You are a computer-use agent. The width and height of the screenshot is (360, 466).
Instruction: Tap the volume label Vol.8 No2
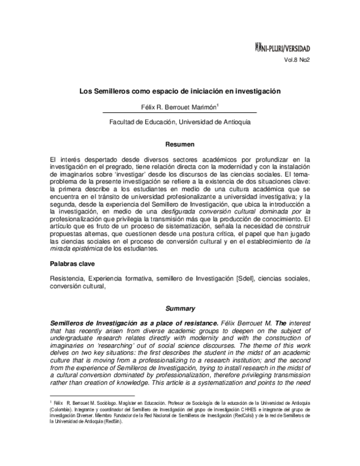297,60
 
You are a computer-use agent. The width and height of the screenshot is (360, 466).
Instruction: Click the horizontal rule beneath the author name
180,113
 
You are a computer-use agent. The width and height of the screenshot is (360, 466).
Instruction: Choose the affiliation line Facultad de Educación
180,121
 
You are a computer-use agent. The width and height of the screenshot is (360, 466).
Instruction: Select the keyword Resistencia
69,279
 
